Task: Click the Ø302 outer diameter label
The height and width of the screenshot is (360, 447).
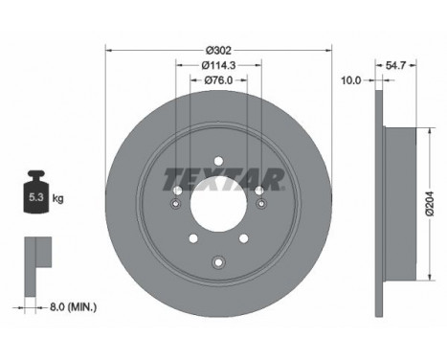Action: point(218,51)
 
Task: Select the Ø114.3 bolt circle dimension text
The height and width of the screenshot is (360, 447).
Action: point(218,65)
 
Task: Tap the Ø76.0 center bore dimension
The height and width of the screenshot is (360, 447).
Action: point(218,80)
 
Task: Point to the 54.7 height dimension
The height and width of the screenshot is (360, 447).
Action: point(395,65)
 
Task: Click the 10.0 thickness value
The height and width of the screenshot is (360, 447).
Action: point(351,80)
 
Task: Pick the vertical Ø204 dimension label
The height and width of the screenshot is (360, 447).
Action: point(430,204)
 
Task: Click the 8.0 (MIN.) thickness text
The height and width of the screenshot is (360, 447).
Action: point(73,307)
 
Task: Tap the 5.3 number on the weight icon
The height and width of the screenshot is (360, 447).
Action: point(35,197)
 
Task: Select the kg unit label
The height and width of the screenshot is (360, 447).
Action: point(57,198)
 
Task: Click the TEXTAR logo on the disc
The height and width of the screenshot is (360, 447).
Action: point(224,179)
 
